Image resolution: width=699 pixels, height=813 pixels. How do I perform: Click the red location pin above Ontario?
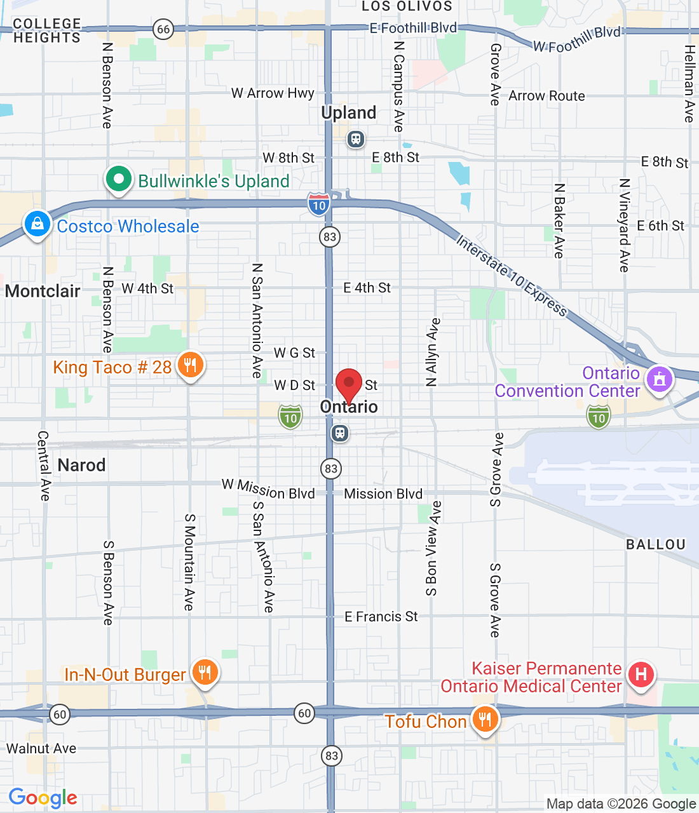[x=348, y=383]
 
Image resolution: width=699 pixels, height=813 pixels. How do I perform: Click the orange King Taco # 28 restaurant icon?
[x=190, y=365]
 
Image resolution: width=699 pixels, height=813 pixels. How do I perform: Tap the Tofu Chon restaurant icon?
[x=485, y=720]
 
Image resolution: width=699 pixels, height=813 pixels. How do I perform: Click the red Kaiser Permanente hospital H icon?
[x=641, y=674]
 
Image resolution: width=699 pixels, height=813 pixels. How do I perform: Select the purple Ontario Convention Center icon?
[x=659, y=379]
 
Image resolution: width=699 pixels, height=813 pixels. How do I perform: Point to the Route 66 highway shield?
[x=163, y=29]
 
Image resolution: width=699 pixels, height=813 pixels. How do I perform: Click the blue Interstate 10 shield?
[x=318, y=205]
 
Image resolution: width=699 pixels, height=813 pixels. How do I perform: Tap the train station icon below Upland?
[x=356, y=139]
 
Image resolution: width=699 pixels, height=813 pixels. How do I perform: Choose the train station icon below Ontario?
[x=340, y=434]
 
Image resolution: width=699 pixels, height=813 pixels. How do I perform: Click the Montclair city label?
[x=43, y=292]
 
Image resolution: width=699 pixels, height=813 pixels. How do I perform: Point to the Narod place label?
[x=81, y=465]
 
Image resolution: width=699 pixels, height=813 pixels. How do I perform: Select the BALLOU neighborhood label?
[x=656, y=545]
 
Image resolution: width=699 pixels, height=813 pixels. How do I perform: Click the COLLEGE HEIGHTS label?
[x=47, y=31]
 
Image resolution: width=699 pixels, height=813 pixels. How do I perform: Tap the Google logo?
[x=43, y=798]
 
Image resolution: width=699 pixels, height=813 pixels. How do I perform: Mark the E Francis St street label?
[x=381, y=617]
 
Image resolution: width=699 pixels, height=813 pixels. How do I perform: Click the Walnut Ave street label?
[x=41, y=749]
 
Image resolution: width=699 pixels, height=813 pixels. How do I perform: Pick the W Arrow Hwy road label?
[x=273, y=93]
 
